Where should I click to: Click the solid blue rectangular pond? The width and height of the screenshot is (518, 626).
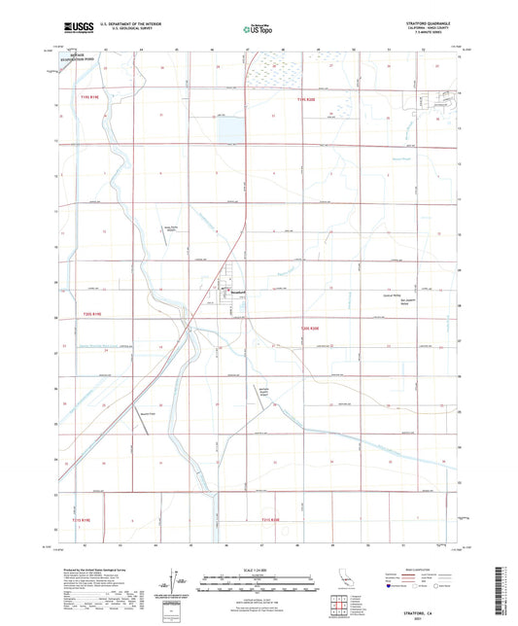[x=230, y=127]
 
